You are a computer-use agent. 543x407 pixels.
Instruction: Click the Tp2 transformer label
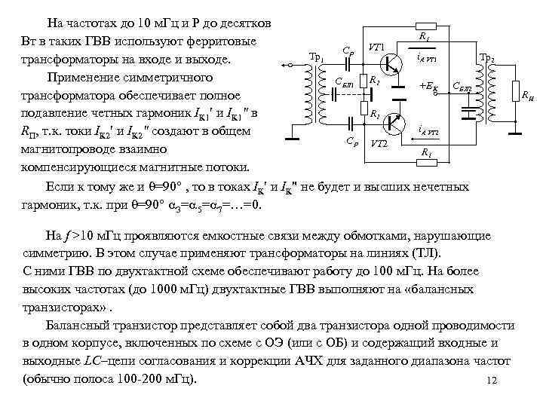486,58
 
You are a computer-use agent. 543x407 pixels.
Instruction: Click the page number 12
492,380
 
